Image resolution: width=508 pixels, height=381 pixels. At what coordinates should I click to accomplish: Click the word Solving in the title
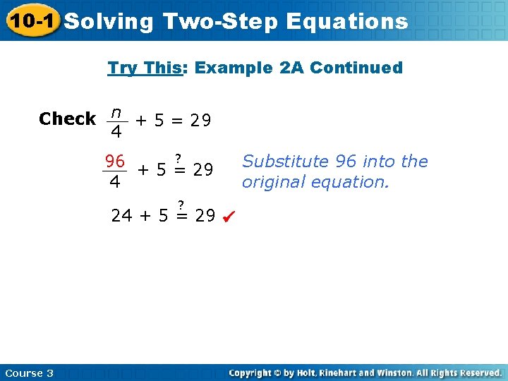click(x=109, y=22)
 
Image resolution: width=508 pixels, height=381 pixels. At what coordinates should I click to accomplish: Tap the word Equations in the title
click(x=347, y=22)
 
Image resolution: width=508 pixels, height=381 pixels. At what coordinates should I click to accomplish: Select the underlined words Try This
click(x=144, y=68)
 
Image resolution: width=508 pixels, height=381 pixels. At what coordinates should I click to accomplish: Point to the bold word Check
click(x=68, y=119)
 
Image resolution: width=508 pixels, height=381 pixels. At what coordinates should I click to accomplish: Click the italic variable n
click(x=116, y=112)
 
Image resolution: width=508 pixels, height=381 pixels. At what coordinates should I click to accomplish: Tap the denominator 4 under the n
click(x=116, y=132)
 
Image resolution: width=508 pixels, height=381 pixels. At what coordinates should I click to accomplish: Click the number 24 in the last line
click(x=121, y=215)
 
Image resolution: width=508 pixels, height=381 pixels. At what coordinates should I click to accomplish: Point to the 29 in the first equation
click(x=200, y=120)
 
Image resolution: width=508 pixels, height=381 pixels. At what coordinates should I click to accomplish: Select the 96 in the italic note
click(x=346, y=162)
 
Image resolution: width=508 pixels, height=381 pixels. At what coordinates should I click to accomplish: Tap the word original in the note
click(x=270, y=182)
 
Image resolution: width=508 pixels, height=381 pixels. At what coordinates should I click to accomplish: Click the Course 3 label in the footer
click(x=29, y=373)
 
